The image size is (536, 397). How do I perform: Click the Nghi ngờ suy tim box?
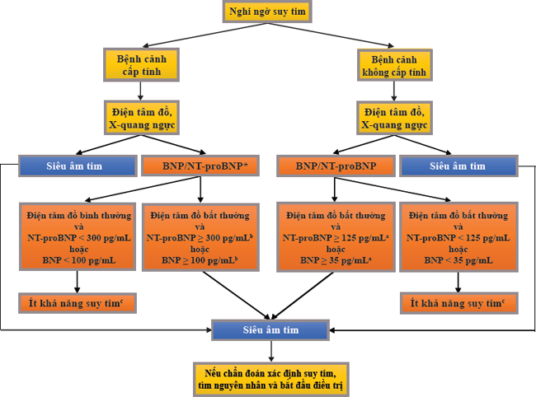pos(267,12)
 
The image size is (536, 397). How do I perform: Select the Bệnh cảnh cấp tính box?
pos(140,66)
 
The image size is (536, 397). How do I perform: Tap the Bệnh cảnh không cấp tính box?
pos(393,66)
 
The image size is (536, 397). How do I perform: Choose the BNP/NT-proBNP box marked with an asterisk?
pos(201,166)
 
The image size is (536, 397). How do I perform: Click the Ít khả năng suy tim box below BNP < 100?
pos(78,303)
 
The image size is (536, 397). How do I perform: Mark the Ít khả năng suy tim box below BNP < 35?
pos(458,303)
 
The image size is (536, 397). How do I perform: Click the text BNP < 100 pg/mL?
pos(78,260)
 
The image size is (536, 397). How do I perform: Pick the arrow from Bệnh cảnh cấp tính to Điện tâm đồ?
pos(140,90)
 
